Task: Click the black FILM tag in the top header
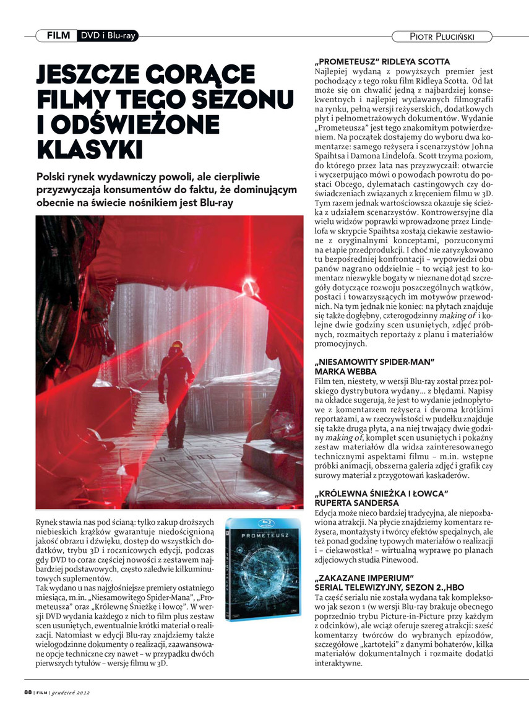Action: (58, 35)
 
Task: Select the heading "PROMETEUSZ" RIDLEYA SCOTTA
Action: (382, 62)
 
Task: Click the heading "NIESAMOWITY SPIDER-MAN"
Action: (376, 361)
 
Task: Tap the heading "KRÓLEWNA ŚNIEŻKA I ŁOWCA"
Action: (381, 493)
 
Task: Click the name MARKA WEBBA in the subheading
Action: (344, 370)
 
